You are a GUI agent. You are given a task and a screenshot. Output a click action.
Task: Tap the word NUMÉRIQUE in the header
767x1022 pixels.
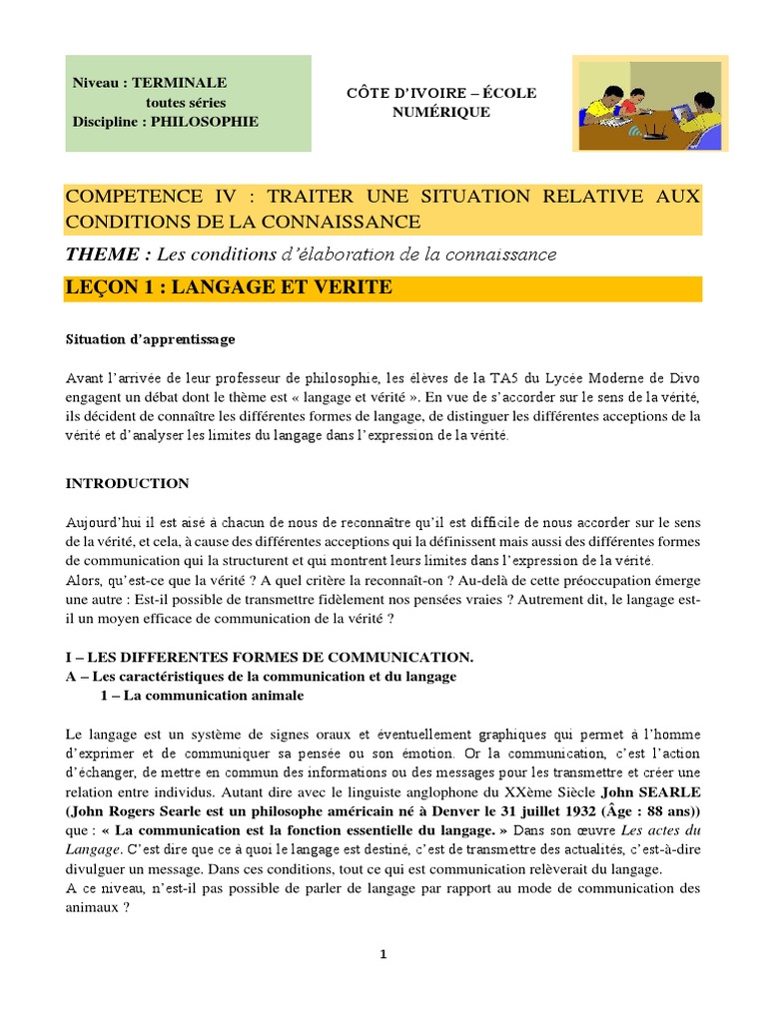pos(440,112)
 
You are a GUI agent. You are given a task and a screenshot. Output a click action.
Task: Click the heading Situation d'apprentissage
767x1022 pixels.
pos(150,339)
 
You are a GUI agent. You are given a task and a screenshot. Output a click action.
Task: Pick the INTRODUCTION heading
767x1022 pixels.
pos(127,483)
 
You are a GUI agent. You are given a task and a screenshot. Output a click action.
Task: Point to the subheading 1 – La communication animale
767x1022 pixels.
pos(203,695)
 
